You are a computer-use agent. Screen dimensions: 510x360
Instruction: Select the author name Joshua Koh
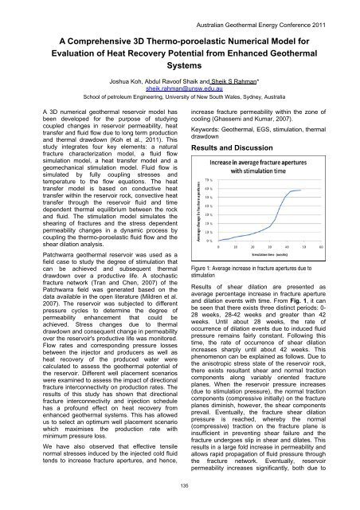coord(130,81)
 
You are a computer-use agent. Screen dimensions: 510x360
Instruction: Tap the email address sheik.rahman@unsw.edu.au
coord(179,89)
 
